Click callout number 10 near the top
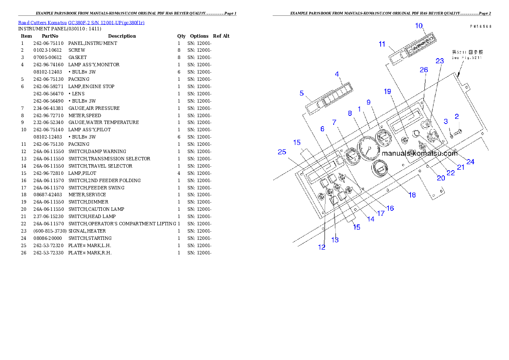pyautogui.click(x=420, y=26)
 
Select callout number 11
pyautogui.click(x=382, y=44)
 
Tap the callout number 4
pyautogui.click(x=337, y=74)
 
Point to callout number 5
pyautogui.click(x=302, y=93)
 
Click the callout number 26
pyautogui.click(x=423, y=70)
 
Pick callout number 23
pyautogui.click(x=440, y=61)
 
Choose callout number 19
pyautogui.click(x=388, y=91)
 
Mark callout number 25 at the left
pyautogui.click(x=281, y=152)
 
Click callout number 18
pyautogui.click(x=412, y=195)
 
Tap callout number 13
pyautogui.click(x=335, y=240)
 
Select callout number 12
pyautogui.click(x=322, y=247)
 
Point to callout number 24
pyautogui.click(x=471, y=162)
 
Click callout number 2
pyautogui.click(x=457, y=116)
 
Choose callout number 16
pyautogui.click(x=390, y=208)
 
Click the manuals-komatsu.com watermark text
pyautogui.click(x=419, y=153)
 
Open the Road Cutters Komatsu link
pyautogui.click(x=81, y=22)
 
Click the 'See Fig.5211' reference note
pyautogui.click(x=467, y=58)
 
